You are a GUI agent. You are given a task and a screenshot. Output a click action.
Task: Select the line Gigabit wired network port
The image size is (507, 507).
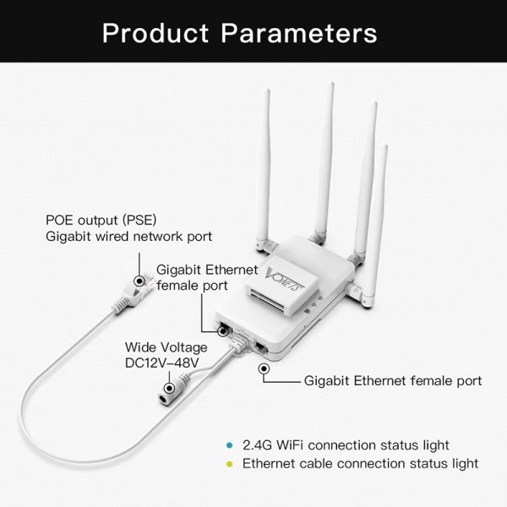pyautogui.click(x=128, y=237)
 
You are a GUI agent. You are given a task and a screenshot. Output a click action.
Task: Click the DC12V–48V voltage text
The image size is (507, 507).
pyautogui.click(x=161, y=363)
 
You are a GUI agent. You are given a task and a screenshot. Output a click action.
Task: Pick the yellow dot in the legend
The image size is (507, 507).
pyautogui.click(x=227, y=463)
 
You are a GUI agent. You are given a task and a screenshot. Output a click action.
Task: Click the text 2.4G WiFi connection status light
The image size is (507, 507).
pyautogui.click(x=346, y=445)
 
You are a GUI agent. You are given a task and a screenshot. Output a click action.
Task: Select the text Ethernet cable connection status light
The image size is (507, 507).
pyautogui.click(x=360, y=463)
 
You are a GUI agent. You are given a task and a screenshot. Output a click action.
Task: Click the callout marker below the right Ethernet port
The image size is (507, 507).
pyautogui.click(x=265, y=368)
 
